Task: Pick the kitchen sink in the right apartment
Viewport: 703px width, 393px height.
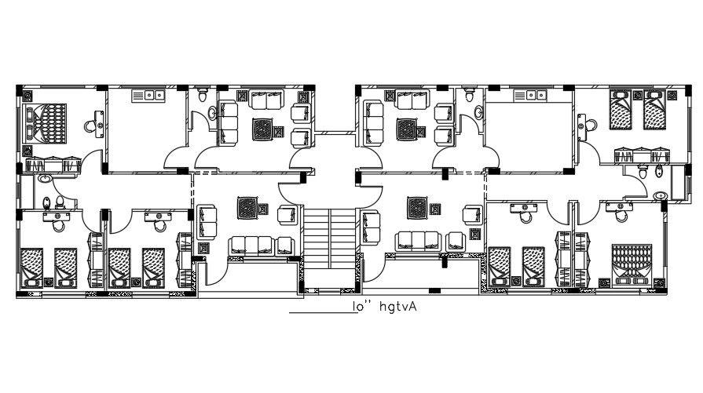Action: click(x=529, y=96)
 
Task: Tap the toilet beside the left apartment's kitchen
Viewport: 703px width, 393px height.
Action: click(x=203, y=97)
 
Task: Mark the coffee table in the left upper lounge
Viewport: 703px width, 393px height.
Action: click(x=264, y=128)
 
